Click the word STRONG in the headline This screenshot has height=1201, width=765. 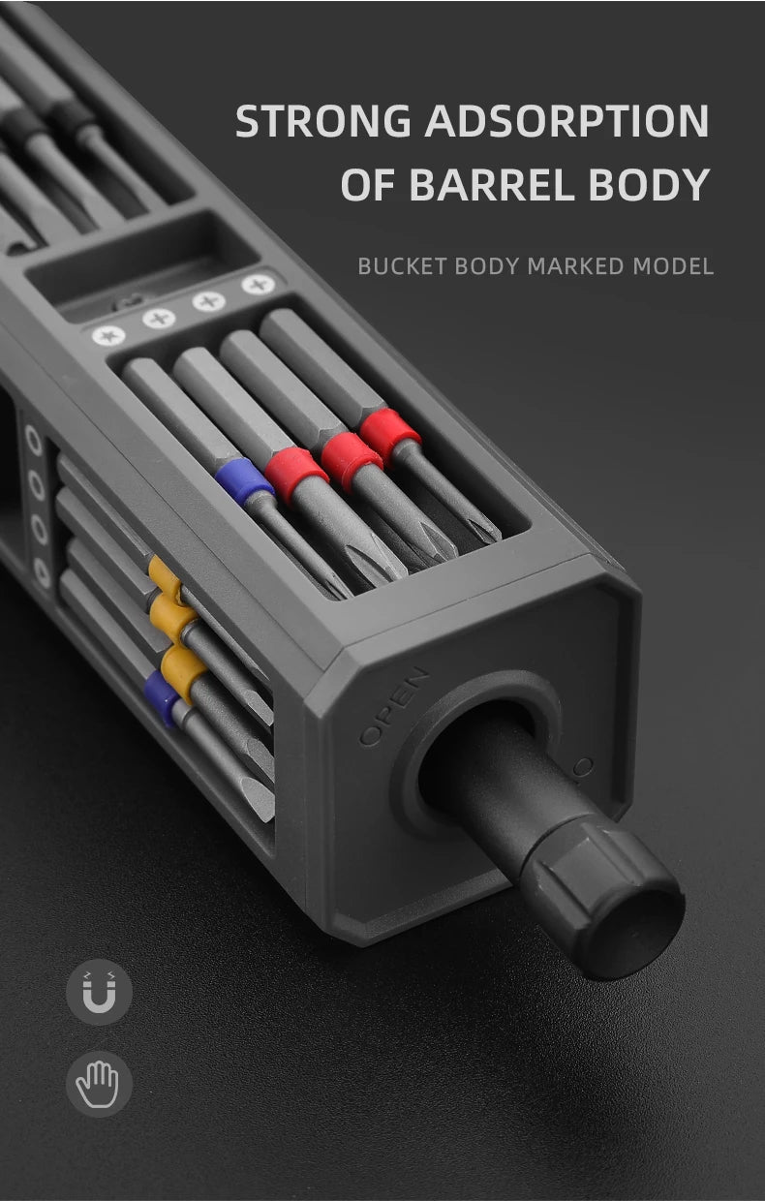click(323, 120)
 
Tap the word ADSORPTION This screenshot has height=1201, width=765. click(567, 120)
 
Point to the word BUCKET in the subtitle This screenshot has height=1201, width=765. click(402, 266)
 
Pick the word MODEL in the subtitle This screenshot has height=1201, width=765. click(673, 266)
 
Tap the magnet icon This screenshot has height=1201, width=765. click(99, 993)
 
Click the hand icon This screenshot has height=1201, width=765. click(99, 1083)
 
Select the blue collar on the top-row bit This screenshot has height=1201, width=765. click(244, 481)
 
